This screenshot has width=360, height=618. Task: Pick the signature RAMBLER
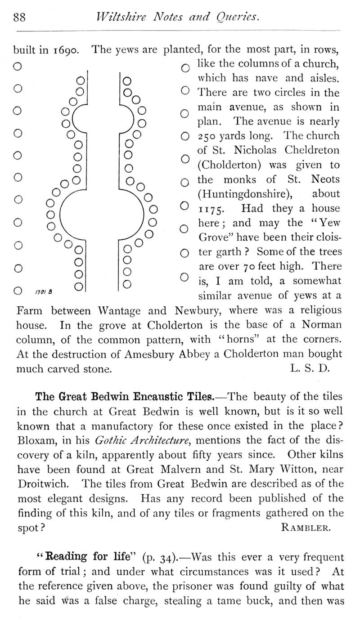[x=306, y=528]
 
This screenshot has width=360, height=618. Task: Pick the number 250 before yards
[x=208, y=136]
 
